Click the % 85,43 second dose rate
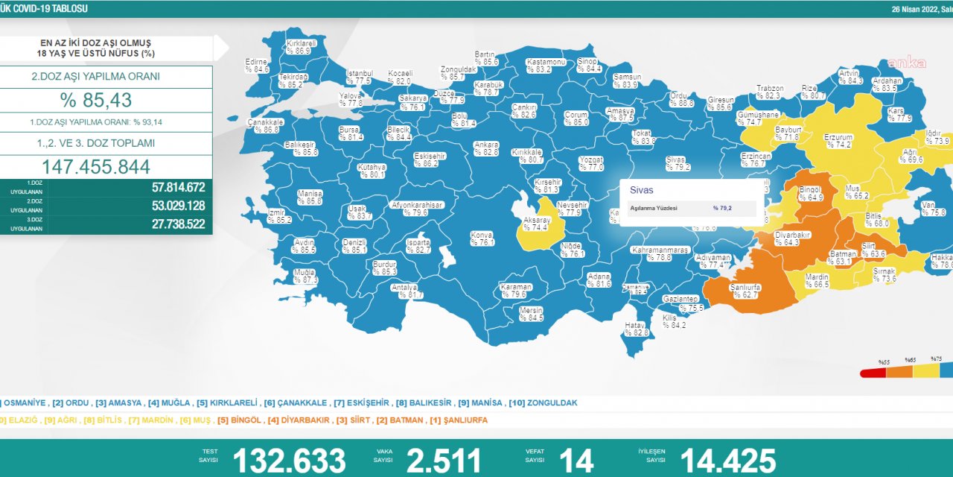click(106, 101)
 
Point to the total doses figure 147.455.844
click(106, 167)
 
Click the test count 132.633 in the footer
click(289, 461)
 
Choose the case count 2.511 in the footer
click(444, 461)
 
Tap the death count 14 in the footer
click(576, 461)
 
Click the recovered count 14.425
click(727, 461)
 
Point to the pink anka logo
click(906, 63)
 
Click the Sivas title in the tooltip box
click(642, 190)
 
